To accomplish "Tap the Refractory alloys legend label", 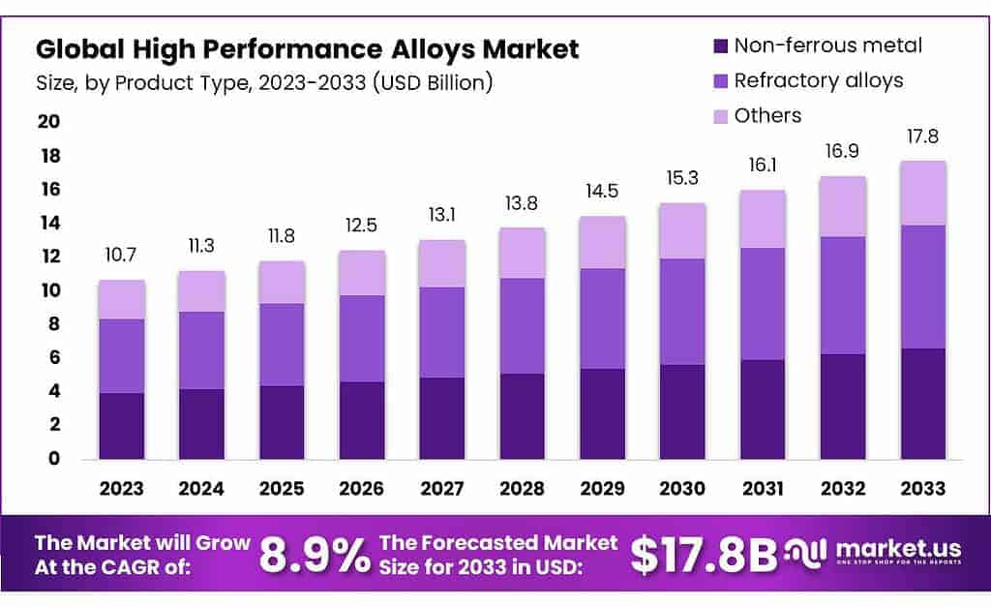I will [818, 80].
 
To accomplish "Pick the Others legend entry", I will [767, 116].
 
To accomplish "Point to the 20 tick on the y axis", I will [48, 122].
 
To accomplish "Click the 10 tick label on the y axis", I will [48, 290].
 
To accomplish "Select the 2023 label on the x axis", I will [122, 489].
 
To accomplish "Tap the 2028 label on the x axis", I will [522, 489].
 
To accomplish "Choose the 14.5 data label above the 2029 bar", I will [602, 193].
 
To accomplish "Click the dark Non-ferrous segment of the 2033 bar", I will [921, 404].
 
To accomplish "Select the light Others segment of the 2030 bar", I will [681, 231].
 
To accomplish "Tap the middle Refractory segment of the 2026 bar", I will [362, 339].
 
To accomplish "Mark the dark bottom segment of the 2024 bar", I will [202, 424].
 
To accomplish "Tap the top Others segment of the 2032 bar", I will [841, 206].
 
